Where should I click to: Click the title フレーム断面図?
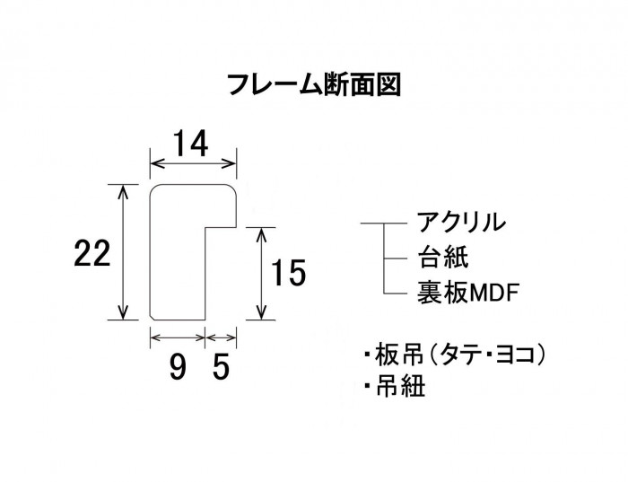[x=313, y=85]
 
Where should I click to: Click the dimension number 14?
[x=192, y=143]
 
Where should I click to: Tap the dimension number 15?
[x=290, y=272]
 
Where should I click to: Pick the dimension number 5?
[x=221, y=366]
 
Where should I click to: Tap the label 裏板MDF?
[x=468, y=293]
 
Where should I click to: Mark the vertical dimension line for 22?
[x=121, y=251]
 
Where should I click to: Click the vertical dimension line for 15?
[x=261, y=273]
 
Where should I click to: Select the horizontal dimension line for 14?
[x=193, y=164]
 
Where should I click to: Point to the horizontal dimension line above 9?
[x=178, y=337]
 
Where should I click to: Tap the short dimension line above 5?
[x=222, y=337]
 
